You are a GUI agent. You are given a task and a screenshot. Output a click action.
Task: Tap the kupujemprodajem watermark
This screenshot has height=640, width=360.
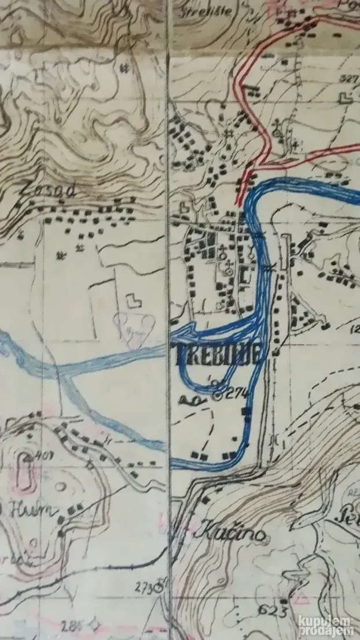[328, 625]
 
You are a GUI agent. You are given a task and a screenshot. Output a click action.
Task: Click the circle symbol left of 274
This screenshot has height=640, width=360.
[218, 396]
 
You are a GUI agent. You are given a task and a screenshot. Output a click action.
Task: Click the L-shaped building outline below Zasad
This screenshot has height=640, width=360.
[133, 300]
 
